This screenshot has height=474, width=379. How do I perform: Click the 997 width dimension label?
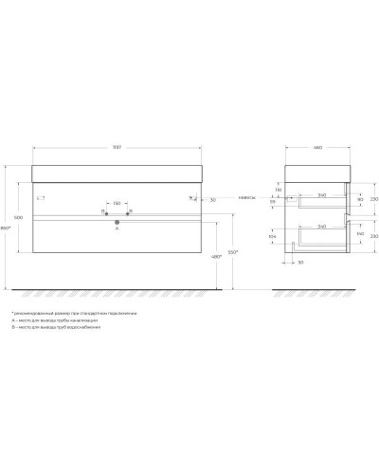(116, 150)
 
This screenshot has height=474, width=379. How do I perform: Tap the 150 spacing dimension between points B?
(117, 204)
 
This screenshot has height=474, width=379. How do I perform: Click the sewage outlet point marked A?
(117, 219)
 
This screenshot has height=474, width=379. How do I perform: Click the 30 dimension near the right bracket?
(214, 199)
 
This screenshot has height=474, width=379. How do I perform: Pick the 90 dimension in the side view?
(360, 198)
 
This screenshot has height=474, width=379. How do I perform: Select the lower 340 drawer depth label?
(322, 227)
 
